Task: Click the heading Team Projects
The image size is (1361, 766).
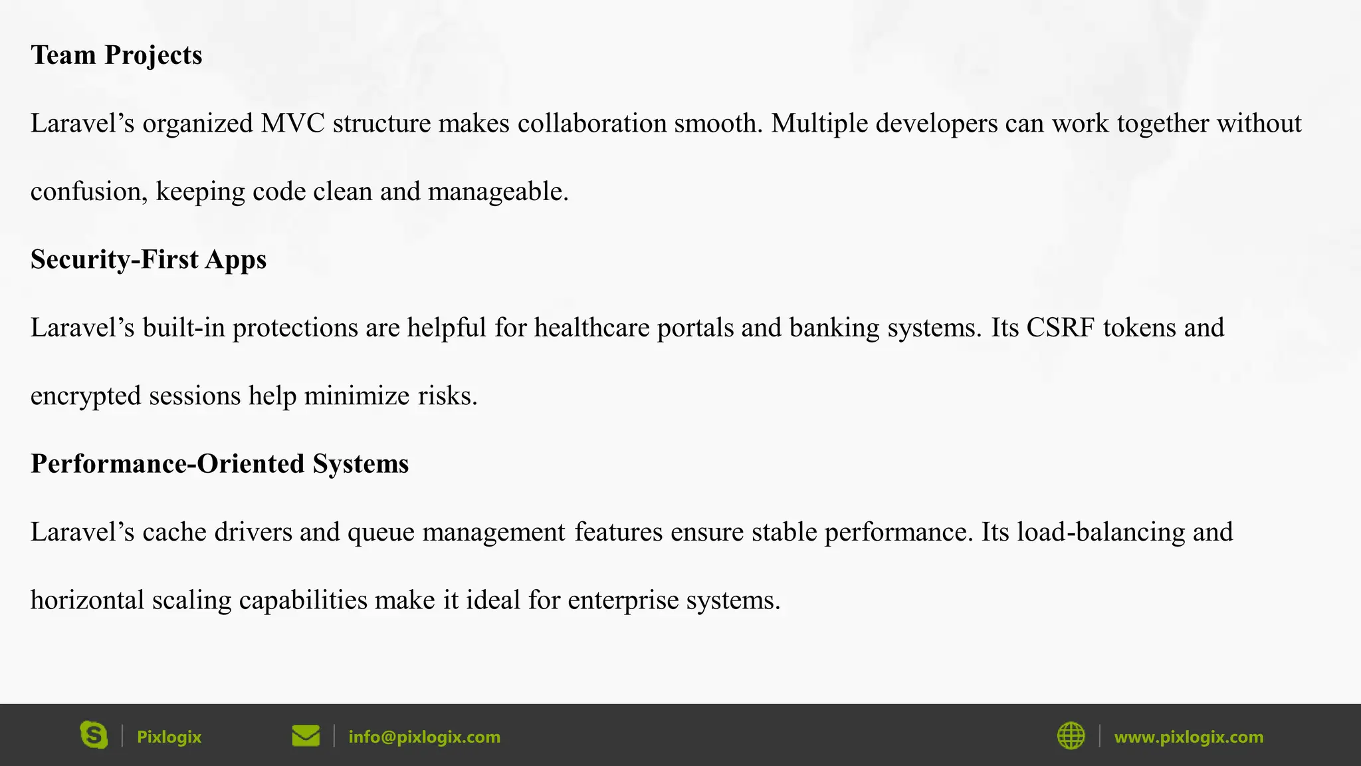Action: pos(116,55)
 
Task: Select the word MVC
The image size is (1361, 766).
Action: pos(292,124)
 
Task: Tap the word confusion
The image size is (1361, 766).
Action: pos(89,191)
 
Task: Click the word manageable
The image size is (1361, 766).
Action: pos(498,192)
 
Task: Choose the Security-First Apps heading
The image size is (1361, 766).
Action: pos(148,259)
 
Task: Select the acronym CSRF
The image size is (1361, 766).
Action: pos(1060,328)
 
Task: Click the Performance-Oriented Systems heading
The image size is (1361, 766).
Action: pos(219,463)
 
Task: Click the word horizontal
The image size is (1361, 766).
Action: pos(87,600)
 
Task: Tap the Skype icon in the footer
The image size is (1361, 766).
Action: pos(94,735)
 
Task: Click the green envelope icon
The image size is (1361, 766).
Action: pos(306,736)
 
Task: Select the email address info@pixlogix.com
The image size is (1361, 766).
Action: pos(424,737)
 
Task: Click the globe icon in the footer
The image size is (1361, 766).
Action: pos(1071,736)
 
